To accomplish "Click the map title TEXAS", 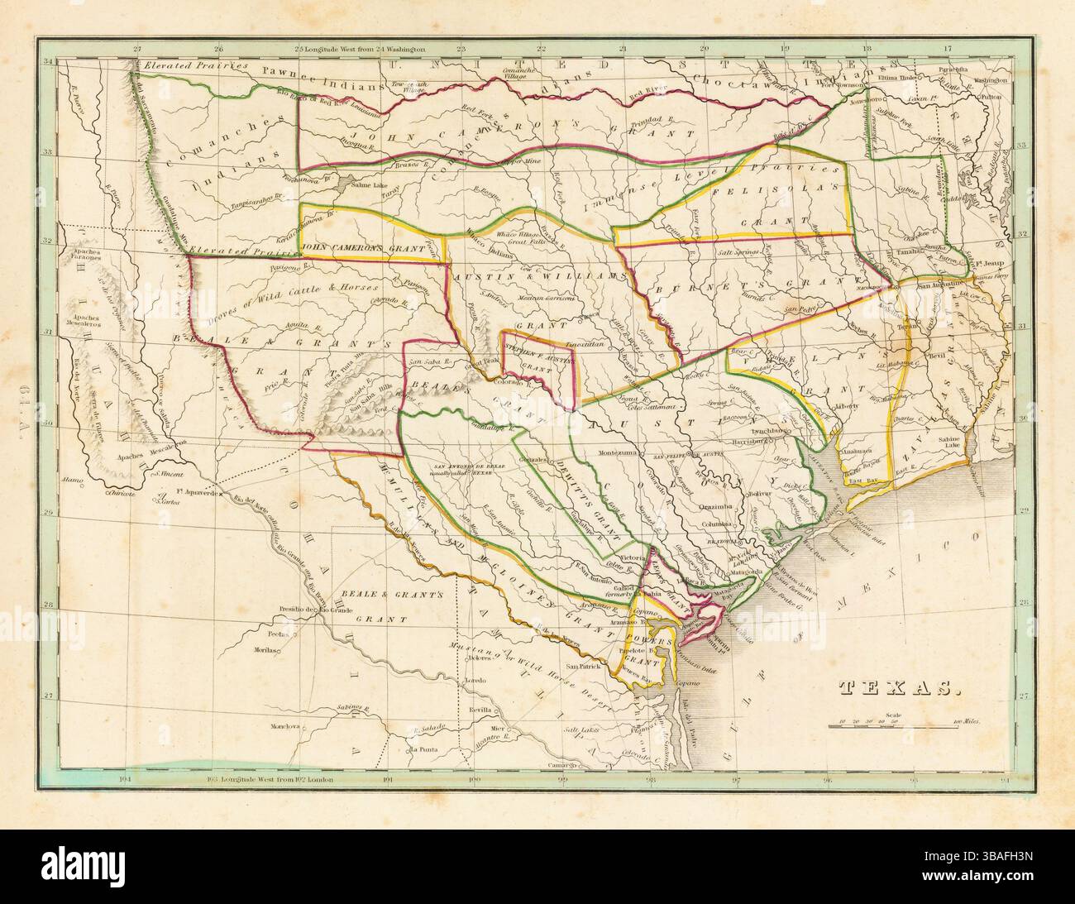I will (894, 687).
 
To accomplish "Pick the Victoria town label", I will (631, 557).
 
